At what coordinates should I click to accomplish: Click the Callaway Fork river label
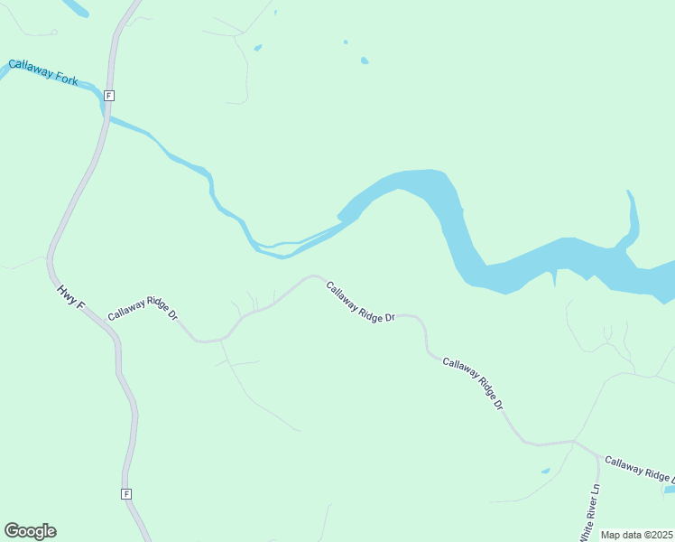pyautogui.click(x=43, y=72)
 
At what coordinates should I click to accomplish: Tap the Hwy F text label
pyautogui.click(x=69, y=297)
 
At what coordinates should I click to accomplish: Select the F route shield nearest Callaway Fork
pyautogui.click(x=108, y=95)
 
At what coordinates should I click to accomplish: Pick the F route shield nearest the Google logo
pyautogui.click(x=126, y=494)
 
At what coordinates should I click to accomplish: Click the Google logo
pyautogui.click(x=30, y=531)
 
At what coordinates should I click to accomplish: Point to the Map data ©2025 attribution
pyautogui.click(x=637, y=535)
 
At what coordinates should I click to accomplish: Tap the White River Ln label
pyautogui.click(x=591, y=510)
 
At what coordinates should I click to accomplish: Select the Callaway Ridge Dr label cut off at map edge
pyautogui.click(x=639, y=469)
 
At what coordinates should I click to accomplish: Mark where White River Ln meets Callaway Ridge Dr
pyautogui.click(x=575, y=442)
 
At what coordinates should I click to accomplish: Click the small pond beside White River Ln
pyautogui.click(x=545, y=471)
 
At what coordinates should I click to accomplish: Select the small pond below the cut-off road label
pyautogui.click(x=669, y=490)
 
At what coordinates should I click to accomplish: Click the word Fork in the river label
pyautogui.click(x=65, y=78)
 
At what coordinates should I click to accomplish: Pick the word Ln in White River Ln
pyautogui.click(x=595, y=491)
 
